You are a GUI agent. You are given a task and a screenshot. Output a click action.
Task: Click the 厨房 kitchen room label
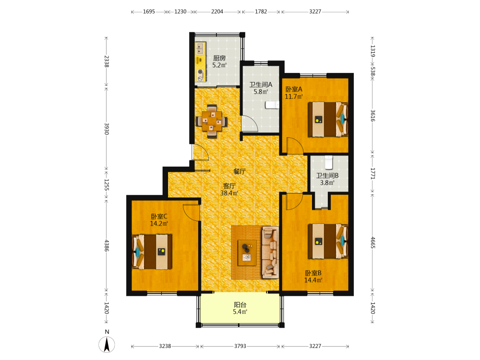click(219, 58)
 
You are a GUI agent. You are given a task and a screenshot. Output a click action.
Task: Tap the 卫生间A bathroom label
click(261, 84)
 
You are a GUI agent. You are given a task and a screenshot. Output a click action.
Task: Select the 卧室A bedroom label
click(294, 89)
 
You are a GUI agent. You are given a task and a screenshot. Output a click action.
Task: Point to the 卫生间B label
click(327, 175)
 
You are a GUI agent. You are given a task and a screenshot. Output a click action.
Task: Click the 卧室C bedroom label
click(159, 216)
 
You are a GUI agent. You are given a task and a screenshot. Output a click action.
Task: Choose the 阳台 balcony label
click(240, 305)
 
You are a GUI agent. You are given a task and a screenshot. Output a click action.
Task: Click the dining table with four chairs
click(212, 121)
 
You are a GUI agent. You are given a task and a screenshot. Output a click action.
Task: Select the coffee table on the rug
click(247, 252)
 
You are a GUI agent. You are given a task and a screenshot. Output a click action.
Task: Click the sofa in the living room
click(270, 252)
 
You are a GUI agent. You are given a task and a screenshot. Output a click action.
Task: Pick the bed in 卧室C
click(152, 252)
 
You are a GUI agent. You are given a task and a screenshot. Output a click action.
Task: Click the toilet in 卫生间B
click(328, 162)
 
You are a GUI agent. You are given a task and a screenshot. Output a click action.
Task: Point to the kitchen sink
click(200, 48)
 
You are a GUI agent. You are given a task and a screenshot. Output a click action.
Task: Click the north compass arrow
click(107, 344)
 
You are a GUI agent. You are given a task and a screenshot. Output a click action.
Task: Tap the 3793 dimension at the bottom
click(240, 346)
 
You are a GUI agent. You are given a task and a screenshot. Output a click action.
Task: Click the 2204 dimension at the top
click(217, 12)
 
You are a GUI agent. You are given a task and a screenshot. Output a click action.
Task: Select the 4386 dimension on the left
click(106, 245)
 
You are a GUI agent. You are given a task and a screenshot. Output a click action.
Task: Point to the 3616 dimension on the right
click(372, 115)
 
